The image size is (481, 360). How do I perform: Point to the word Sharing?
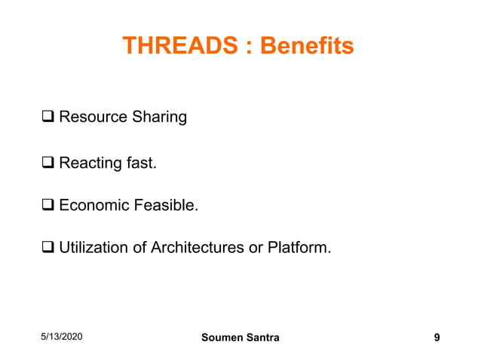click(x=158, y=118)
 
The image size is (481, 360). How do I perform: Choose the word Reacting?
click(x=90, y=163)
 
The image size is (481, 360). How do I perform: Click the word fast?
click(x=141, y=162)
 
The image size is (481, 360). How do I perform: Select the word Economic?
click(x=93, y=205)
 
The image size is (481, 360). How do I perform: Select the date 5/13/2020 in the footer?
click(x=63, y=337)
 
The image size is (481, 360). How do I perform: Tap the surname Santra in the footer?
click(x=262, y=337)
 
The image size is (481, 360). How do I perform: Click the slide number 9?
click(x=437, y=337)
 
